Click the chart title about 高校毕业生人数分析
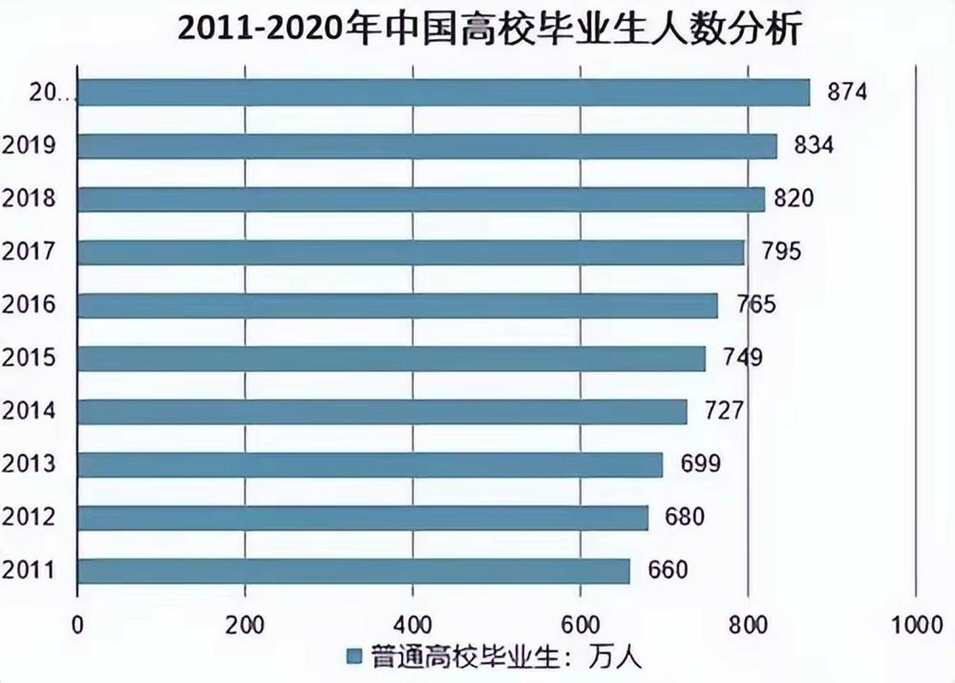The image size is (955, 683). [489, 32]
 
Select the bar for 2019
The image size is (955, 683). [427, 146]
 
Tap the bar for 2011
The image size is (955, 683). [354, 571]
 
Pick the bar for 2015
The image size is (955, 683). [391, 359]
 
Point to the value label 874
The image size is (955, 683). [847, 91]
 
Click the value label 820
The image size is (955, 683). [794, 198]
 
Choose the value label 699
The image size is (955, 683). [700, 464]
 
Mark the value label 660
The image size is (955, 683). [667, 570]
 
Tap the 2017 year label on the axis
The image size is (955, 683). [29, 252]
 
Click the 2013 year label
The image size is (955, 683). [29, 464]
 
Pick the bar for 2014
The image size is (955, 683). [382, 412]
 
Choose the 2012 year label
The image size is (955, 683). [29, 517]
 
